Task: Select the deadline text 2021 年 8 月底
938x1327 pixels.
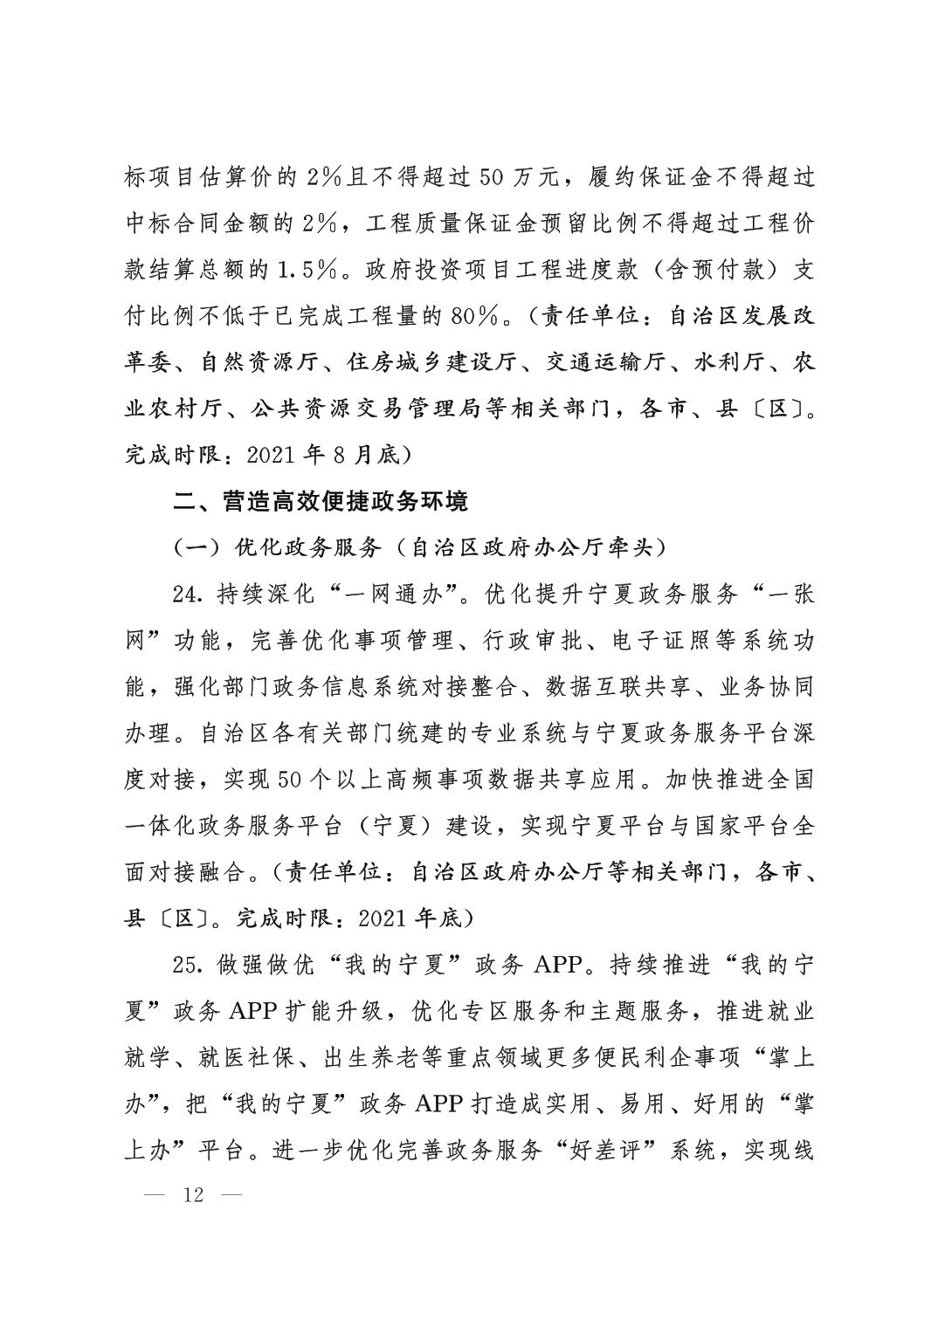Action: pyautogui.click(x=321, y=455)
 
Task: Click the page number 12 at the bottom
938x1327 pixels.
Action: pyautogui.click(x=193, y=1194)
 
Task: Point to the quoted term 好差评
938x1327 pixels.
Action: pyautogui.click(x=606, y=1151)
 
